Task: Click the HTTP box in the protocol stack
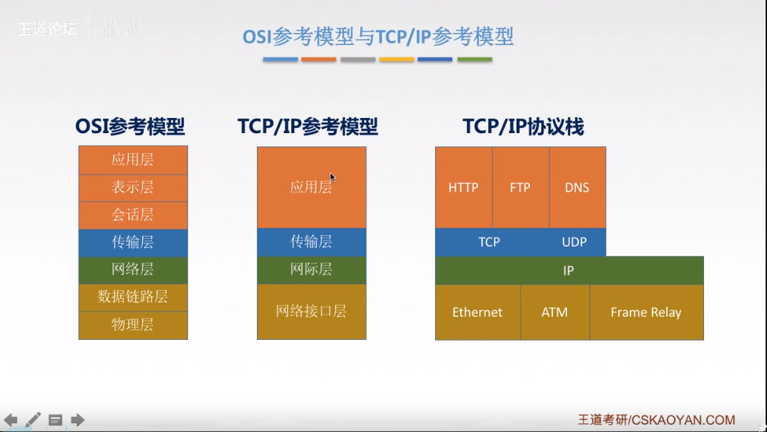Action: coord(464,187)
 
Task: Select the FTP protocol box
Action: coord(520,187)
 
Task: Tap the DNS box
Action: coord(577,187)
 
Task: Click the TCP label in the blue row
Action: coord(489,242)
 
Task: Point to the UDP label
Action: coord(574,242)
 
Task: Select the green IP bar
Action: coord(569,271)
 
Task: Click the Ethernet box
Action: coord(477,313)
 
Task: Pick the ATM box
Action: coord(555,313)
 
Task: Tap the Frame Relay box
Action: coord(646,313)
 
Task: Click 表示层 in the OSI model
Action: coord(132,187)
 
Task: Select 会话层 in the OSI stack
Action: coord(132,215)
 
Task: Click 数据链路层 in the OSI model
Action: coord(132,297)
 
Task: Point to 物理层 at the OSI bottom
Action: coord(132,325)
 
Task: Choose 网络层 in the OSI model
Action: coord(132,270)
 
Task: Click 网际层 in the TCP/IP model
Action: coord(311,270)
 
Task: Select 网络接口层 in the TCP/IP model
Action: coord(311,311)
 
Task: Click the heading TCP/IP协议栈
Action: coord(523,127)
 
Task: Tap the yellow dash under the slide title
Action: coord(397,59)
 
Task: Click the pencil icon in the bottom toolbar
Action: coord(33,420)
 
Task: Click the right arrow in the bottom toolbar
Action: coord(77,420)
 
